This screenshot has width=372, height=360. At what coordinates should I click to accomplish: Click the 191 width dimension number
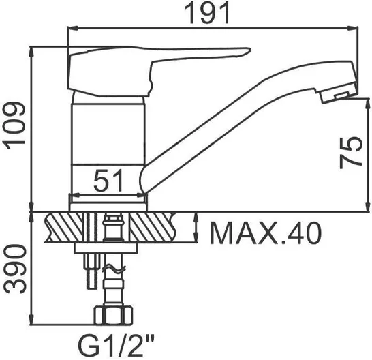(207, 13)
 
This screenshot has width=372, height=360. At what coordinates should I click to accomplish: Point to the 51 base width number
(108, 181)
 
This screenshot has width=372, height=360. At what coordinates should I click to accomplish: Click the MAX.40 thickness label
(266, 233)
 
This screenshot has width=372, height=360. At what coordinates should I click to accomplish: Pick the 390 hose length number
(15, 269)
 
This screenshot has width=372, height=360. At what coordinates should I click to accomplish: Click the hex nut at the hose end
(113, 316)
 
